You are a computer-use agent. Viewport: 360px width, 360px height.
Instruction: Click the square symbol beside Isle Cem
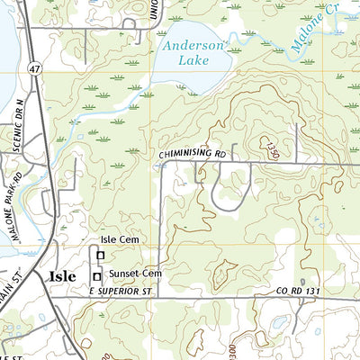click(x=101, y=256)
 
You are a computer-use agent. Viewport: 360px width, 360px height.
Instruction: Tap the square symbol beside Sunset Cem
click(x=97, y=275)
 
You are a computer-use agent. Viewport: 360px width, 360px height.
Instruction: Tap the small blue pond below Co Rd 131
click(x=280, y=322)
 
